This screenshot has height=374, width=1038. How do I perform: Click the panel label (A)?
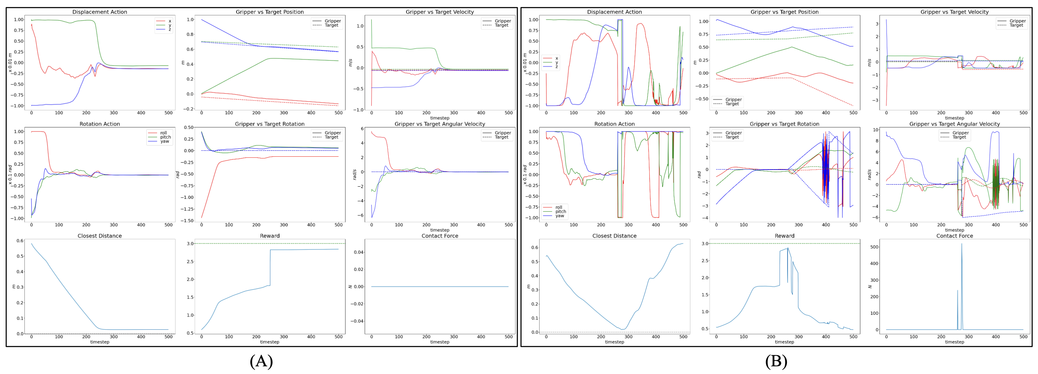(x=261, y=361)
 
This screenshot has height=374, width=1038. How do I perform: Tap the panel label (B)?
(x=776, y=361)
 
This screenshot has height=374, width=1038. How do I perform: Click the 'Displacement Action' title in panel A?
(x=100, y=12)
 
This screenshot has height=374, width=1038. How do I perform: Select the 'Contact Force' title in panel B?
(x=954, y=236)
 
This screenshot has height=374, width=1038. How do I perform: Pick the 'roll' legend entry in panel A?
(x=163, y=133)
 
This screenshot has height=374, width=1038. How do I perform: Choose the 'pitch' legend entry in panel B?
(x=561, y=212)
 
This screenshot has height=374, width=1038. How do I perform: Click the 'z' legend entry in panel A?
(x=170, y=29)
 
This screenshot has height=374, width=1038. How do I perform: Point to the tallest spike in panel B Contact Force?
(x=962, y=244)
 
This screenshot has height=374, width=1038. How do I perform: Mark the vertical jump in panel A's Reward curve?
(x=270, y=268)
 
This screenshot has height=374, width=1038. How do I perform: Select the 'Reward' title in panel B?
(x=784, y=236)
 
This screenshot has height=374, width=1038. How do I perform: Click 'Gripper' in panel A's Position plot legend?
(x=332, y=21)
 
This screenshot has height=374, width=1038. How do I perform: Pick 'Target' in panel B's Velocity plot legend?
(x=1016, y=25)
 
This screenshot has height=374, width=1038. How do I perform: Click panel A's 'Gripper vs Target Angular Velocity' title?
(x=440, y=124)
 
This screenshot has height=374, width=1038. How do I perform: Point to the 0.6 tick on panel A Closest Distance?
(x=19, y=241)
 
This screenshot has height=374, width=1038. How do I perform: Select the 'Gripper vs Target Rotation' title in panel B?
(x=784, y=124)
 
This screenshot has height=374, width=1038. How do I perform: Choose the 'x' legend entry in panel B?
(x=556, y=58)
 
